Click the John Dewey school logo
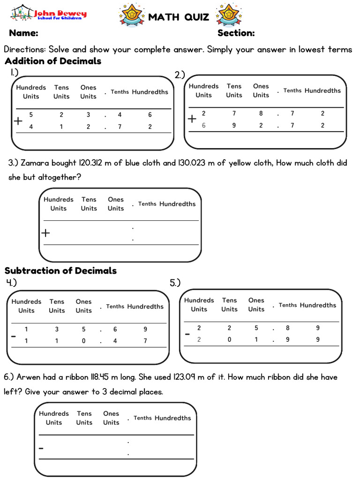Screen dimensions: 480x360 pos(49,14)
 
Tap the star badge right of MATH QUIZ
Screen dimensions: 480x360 pos(228,15)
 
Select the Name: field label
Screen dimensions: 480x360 pos(23,33)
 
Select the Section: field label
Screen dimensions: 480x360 pos(236,33)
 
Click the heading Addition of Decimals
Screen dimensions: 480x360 pos(53,61)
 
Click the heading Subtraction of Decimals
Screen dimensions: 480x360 pos(60,270)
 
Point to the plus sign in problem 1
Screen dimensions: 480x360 pos(18,121)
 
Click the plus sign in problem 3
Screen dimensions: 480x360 pos(45,233)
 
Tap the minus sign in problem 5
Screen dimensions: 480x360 pos(187,334)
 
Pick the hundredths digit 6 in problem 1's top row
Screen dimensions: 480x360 pos(150,115)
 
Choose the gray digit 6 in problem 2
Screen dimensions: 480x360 pos(203,126)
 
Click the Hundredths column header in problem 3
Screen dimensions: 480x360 pos(177,204)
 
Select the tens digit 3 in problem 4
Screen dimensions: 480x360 pos(57,330)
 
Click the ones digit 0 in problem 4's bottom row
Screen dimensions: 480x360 pos(83,341)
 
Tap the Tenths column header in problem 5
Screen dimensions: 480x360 pos(287,305)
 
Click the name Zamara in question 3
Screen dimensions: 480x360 pos(36,163)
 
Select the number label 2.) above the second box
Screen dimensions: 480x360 pos(180,75)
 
